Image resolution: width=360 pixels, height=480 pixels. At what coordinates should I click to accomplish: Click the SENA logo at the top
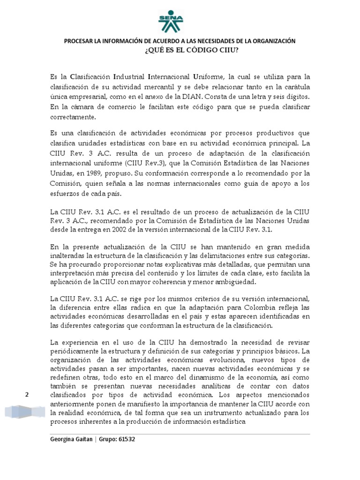(x=171, y=20)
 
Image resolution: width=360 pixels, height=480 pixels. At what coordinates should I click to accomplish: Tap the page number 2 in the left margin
(x=27, y=395)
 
